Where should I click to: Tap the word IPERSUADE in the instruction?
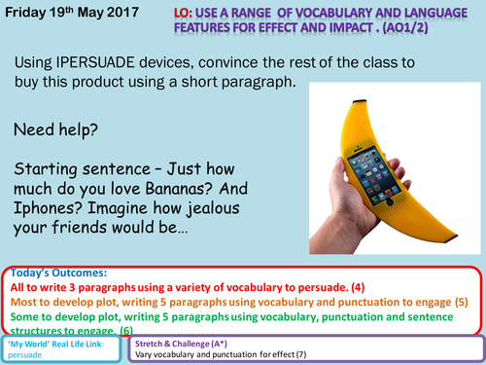(x=118, y=62)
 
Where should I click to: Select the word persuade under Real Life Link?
(x=27, y=355)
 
